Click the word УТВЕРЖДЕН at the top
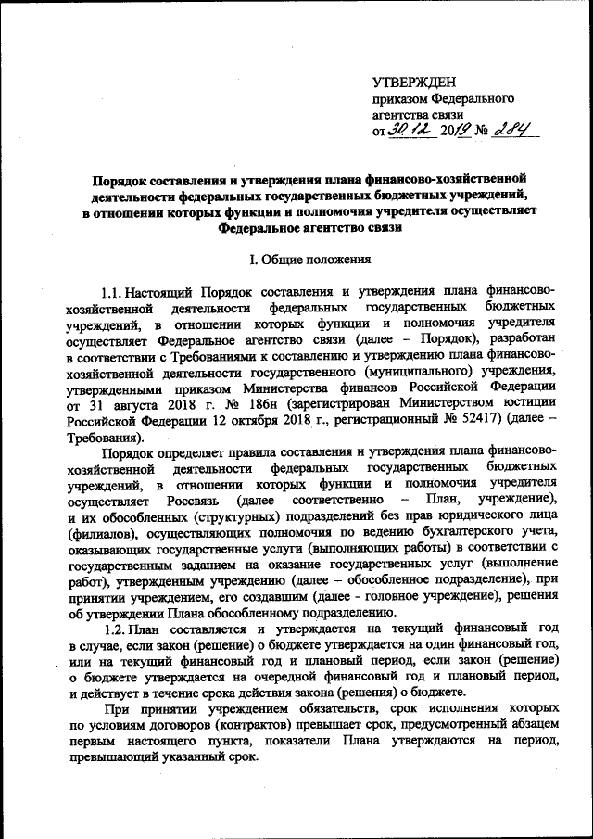click(x=414, y=84)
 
